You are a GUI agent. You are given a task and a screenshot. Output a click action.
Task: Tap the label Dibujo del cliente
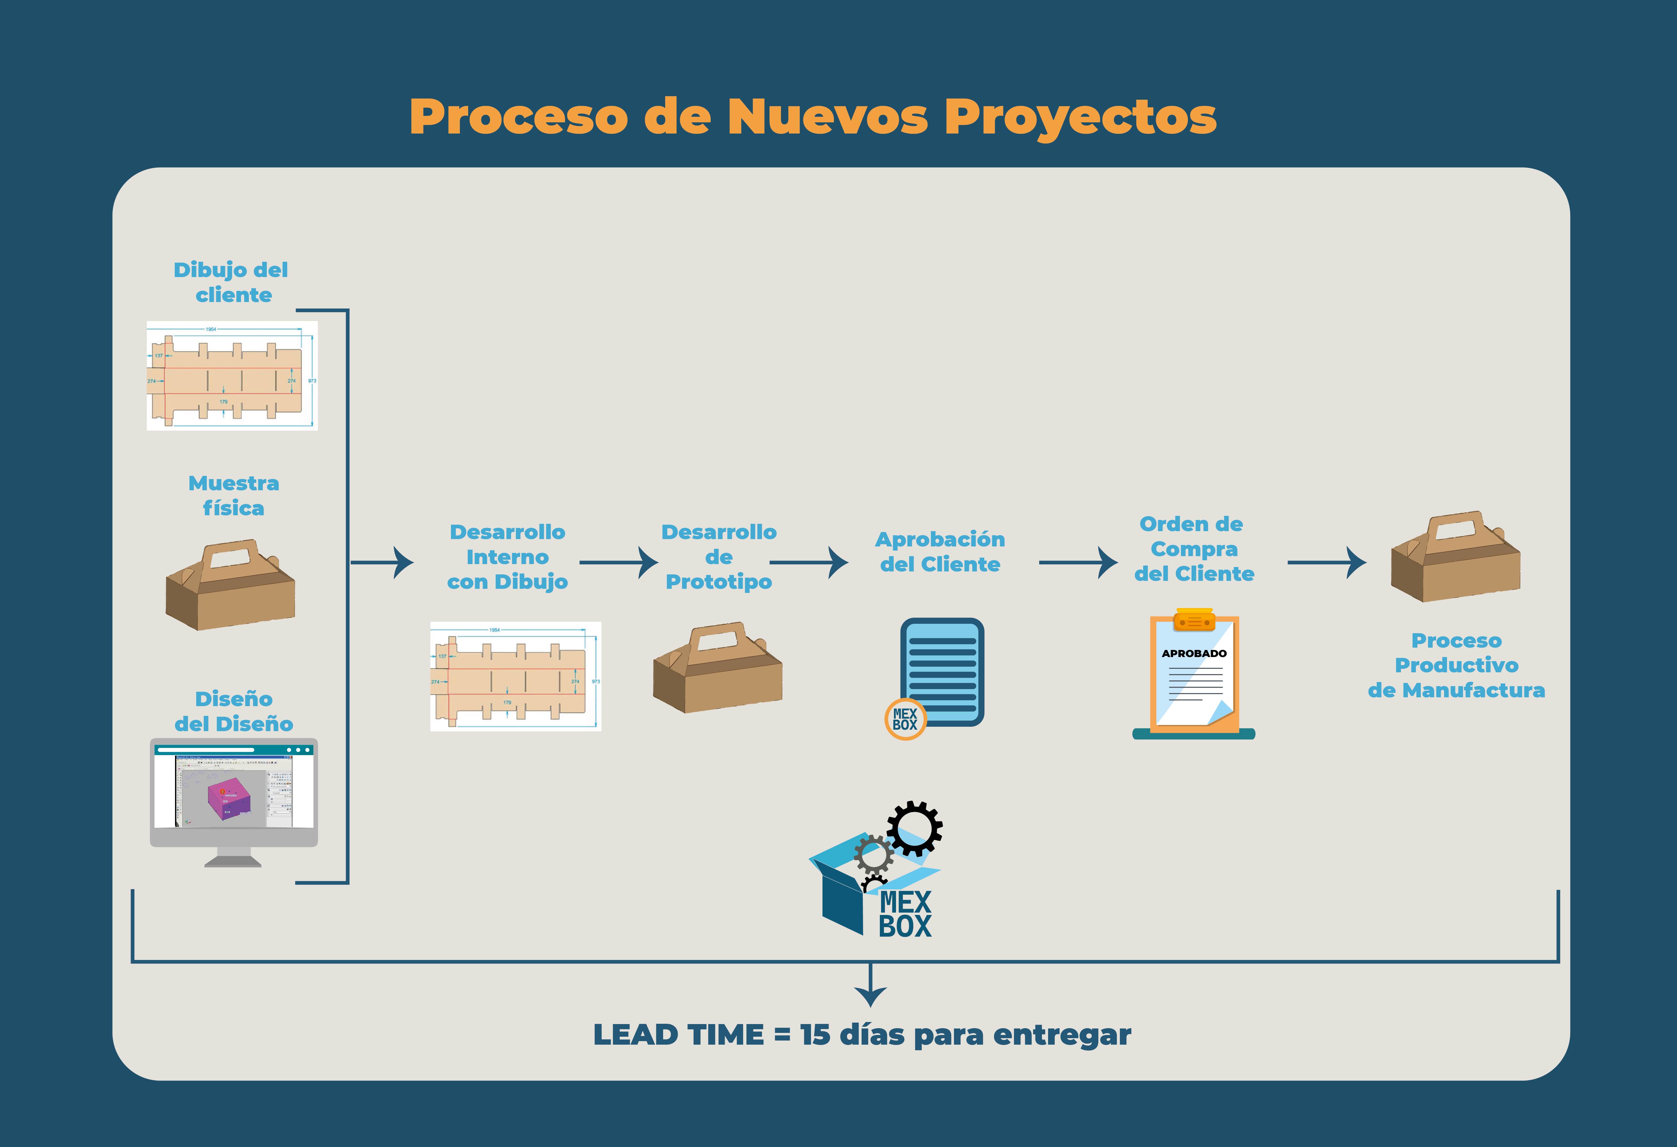pos(232,282)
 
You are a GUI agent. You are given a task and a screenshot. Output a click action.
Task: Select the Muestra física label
pos(234,496)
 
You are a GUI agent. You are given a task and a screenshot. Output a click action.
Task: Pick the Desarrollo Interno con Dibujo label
pos(507,557)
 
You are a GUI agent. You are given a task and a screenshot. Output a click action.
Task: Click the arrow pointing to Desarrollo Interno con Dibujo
pos(382,562)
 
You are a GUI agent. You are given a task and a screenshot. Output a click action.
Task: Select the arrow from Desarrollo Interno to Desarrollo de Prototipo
pos(619,562)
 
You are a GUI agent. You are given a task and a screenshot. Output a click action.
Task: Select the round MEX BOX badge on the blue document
pos(905,719)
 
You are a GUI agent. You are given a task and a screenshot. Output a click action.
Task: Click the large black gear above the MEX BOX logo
pos(914,828)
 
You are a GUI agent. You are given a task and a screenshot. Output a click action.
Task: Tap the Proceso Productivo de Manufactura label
pos(1456,665)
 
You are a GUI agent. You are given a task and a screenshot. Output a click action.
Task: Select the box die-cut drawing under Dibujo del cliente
pos(232,376)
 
